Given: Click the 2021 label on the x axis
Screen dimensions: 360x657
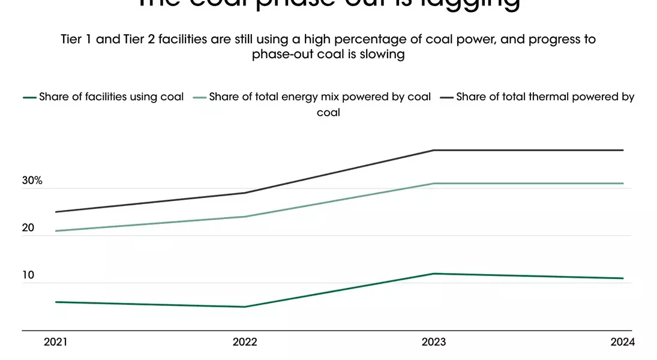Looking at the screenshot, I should (x=56, y=342).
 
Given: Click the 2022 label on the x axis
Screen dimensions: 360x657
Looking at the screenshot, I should (x=245, y=342).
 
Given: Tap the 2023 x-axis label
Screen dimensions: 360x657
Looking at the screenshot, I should (x=434, y=342).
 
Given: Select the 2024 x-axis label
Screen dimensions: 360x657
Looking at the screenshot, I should (x=623, y=342).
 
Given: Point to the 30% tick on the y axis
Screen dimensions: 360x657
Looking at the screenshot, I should (x=32, y=181).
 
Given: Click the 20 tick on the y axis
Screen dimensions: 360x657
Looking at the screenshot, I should (x=28, y=228).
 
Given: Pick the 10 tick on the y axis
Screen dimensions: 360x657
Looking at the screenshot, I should (x=28, y=275).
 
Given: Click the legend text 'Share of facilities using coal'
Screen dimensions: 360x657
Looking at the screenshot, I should (x=111, y=97).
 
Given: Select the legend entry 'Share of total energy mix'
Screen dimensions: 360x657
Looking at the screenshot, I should (x=320, y=97).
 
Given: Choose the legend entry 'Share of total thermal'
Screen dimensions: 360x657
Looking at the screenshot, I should (x=545, y=97).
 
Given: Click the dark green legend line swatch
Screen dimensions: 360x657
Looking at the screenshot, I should (x=29, y=97).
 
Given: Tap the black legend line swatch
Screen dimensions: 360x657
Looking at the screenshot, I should (x=446, y=97).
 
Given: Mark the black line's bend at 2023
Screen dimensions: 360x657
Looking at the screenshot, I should (x=434, y=150).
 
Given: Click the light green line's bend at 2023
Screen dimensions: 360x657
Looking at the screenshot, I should (x=434, y=184).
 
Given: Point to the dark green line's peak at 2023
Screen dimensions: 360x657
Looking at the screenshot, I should (x=434, y=274).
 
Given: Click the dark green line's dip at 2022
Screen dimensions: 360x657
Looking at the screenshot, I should (x=245, y=307).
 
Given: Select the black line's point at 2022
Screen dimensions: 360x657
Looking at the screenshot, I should (x=245, y=193).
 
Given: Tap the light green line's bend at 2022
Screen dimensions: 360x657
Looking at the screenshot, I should (x=245, y=217).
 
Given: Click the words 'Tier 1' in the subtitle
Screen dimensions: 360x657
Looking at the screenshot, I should (x=77, y=40).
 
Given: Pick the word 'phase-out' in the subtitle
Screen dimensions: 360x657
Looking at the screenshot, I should (x=279, y=54).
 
